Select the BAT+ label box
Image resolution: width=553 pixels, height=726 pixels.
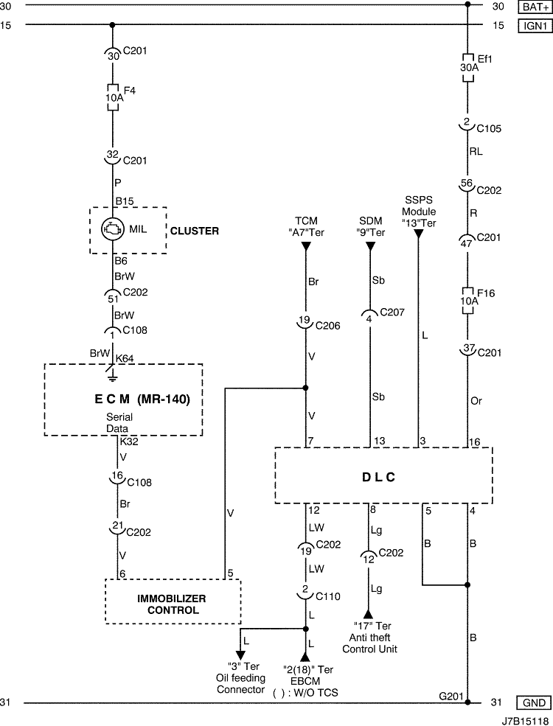click(x=535, y=7)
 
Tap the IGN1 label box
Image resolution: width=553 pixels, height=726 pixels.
click(x=535, y=26)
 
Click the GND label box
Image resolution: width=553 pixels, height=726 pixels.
click(x=534, y=702)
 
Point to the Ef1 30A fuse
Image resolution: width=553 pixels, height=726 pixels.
click(x=467, y=68)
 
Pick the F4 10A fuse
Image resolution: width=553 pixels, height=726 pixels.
click(x=113, y=98)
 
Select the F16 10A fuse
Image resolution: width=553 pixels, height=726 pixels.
click(x=467, y=301)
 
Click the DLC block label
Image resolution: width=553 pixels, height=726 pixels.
click(x=378, y=478)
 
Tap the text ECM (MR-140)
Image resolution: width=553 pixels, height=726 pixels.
click(x=142, y=399)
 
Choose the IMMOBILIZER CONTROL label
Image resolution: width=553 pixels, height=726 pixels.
click(x=172, y=604)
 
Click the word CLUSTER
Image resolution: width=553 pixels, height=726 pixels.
click(x=195, y=231)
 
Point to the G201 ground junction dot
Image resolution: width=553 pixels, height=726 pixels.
click(x=467, y=702)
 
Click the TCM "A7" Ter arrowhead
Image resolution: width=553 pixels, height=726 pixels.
click(x=306, y=247)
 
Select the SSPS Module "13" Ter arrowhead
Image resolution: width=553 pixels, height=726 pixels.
click(x=418, y=234)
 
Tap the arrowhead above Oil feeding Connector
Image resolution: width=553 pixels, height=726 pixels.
click(x=240, y=655)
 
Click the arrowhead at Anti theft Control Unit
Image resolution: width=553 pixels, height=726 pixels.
click(x=368, y=615)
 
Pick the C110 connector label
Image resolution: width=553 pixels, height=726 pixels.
click(x=328, y=596)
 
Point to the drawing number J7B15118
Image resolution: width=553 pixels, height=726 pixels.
click(x=526, y=721)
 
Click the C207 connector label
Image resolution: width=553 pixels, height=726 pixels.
click(x=392, y=312)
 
